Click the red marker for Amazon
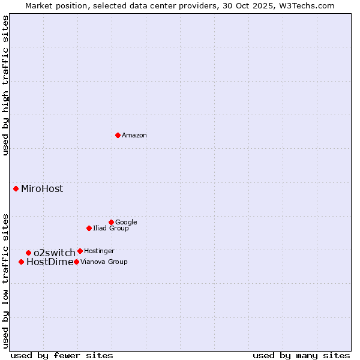118,135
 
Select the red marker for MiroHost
16,188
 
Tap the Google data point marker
111,222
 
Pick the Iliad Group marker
89,228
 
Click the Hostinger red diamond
80,251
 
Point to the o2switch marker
28,253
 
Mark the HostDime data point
21,262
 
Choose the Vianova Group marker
76,262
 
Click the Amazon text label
134,136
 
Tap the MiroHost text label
42,189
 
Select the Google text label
126,223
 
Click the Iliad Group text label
111,229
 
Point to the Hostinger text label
99,251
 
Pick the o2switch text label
55,253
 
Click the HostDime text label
50,262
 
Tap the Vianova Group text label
104,262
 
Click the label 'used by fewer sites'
62,356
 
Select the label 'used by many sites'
301,356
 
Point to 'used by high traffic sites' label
6,85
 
